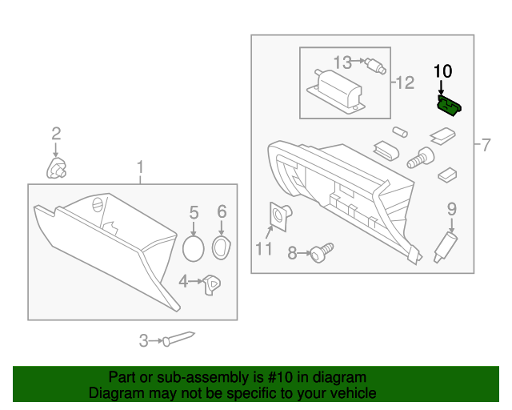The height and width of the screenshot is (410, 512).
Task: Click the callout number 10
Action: point(442,70)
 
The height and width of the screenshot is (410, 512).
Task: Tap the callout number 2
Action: point(56,133)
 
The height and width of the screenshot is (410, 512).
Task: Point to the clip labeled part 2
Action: point(56,168)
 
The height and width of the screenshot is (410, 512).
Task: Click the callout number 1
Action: point(140,167)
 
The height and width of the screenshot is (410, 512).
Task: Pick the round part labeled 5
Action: point(193,247)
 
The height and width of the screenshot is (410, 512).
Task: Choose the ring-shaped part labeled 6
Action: point(222,247)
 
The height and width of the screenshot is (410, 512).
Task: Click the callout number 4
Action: point(183,281)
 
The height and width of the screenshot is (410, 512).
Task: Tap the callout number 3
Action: point(144,340)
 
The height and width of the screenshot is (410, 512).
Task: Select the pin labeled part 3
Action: point(178,339)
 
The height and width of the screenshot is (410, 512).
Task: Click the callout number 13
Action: point(342,62)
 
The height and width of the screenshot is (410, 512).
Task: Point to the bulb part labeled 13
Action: point(370,65)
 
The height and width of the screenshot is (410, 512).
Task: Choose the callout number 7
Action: point(485,145)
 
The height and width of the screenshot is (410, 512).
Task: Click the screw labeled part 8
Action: point(318,254)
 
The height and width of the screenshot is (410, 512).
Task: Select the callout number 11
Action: point(264,248)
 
